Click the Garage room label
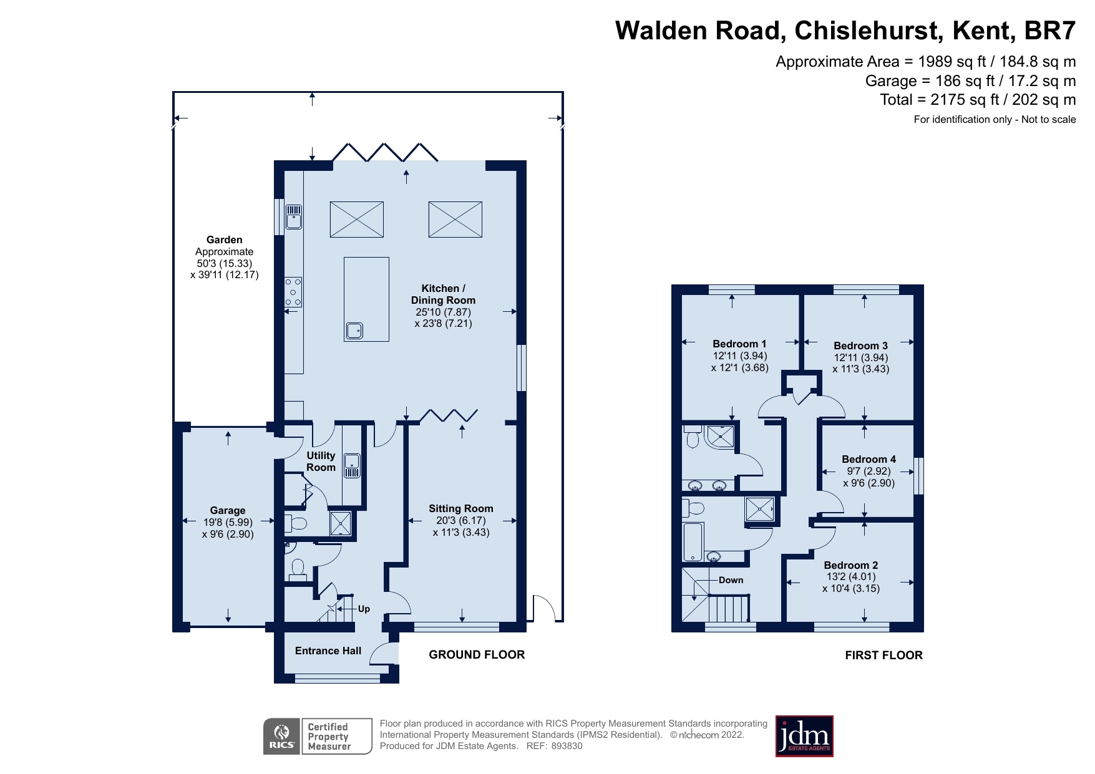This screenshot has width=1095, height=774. [227, 510]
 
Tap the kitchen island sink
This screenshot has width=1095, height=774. [354, 330]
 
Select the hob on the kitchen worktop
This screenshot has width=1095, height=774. [293, 292]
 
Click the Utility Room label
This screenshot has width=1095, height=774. [321, 462]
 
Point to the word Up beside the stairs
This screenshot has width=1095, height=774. [364, 609]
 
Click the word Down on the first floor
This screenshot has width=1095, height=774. [731, 580]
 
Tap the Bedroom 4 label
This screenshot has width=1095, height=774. [869, 459]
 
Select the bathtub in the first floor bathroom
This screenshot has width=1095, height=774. [693, 542]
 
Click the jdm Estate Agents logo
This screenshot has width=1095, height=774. [804, 736]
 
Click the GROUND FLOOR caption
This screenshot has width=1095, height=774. [477, 654]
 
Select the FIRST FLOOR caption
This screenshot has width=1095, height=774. [883, 655]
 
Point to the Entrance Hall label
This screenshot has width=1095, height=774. [328, 651]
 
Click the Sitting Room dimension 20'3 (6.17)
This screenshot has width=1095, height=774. [461, 520]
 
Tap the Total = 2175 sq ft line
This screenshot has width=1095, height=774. [977, 100]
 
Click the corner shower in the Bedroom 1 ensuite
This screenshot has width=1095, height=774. [720, 437]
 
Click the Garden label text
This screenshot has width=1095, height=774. [225, 239]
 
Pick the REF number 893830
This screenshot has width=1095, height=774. [567, 746]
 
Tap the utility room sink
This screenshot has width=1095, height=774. [353, 465]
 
